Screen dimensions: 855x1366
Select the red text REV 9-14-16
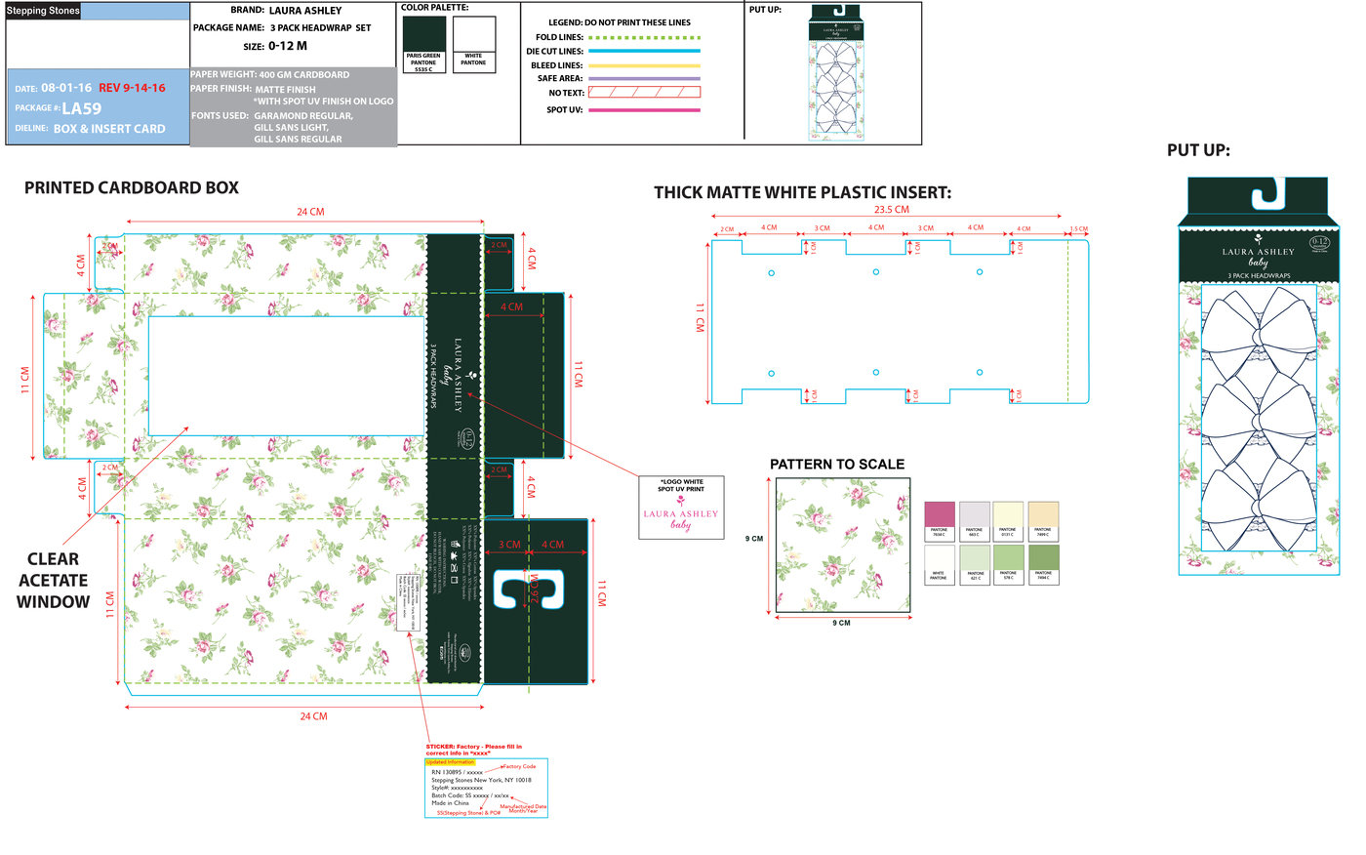[132, 88]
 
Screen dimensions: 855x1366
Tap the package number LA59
[81, 108]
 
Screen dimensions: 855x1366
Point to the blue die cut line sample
[644, 51]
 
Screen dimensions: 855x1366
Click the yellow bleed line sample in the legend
[644, 65]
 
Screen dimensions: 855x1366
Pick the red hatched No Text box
[644, 93]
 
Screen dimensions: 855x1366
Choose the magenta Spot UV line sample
[644, 110]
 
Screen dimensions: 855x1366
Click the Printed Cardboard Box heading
[132, 188]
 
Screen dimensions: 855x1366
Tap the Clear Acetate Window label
[53, 580]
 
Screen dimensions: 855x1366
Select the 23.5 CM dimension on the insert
[891, 210]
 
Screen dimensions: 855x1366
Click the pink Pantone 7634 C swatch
[939, 516]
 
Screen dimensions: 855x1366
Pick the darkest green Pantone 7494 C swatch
[1043, 559]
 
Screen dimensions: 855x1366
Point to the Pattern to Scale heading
[837, 465]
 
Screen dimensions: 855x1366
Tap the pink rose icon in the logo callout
[680, 501]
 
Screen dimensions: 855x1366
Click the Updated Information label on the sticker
[450, 762]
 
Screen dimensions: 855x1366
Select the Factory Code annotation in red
[519, 767]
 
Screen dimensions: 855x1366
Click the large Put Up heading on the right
[1198, 150]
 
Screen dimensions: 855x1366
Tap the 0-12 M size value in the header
[288, 46]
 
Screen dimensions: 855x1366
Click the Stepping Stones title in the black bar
[43, 11]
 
